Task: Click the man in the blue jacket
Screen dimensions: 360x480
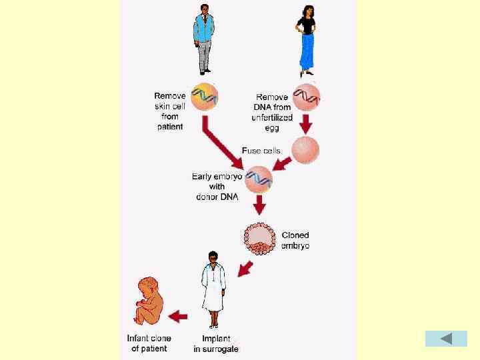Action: click(x=204, y=39)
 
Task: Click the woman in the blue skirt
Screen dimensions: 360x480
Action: click(x=306, y=40)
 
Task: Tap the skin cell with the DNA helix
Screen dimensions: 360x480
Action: click(x=204, y=97)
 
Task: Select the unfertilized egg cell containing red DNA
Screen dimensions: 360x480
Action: click(x=307, y=96)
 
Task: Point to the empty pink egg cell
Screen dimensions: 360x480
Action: click(x=306, y=150)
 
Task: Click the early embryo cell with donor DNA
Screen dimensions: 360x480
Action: click(x=259, y=179)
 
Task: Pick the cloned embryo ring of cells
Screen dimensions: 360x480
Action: click(x=260, y=238)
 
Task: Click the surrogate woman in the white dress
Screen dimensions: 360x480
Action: click(x=213, y=290)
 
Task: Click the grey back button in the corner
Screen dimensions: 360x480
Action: click(x=446, y=338)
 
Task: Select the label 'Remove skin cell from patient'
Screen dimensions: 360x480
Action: click(x=170, y=111)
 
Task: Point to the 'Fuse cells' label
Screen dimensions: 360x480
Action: click(x=261, y=151)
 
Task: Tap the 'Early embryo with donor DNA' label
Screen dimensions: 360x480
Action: click(x=217, y=187)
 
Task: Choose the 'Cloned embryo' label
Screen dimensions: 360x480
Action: click(x=295, y=240)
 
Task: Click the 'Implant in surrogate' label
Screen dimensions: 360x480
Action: click(x=216, y=343)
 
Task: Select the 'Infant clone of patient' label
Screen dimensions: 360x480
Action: click(x=149, y=343)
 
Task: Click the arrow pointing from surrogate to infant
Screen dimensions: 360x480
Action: click(x=178, y=316)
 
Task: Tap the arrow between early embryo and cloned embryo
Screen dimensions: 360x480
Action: click(x=260, y=205)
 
